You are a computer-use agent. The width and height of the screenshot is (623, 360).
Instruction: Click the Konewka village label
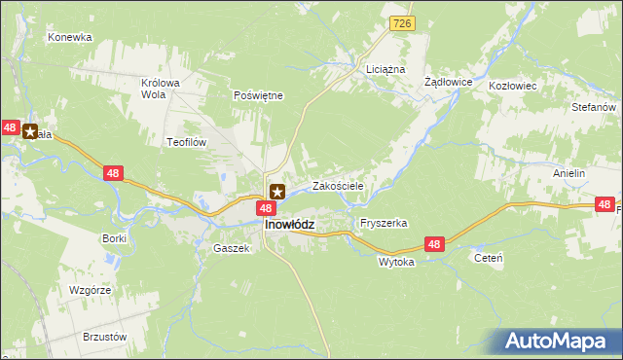coord(69,37)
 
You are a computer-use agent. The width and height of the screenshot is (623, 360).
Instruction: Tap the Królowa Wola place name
coord(161,89)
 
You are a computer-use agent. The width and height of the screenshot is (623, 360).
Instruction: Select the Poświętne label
coord(258,95)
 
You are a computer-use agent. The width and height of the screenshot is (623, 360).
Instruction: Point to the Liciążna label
coord(385,71)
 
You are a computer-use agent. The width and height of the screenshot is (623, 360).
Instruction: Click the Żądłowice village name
coord(449,83)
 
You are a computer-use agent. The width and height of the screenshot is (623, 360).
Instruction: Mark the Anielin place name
coord(568,173)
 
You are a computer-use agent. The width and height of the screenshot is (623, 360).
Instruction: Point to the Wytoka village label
coord(396,262)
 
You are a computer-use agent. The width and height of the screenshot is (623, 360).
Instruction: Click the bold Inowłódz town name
coord(288,225)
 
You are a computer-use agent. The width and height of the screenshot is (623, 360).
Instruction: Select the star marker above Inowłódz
coord(277,192)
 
